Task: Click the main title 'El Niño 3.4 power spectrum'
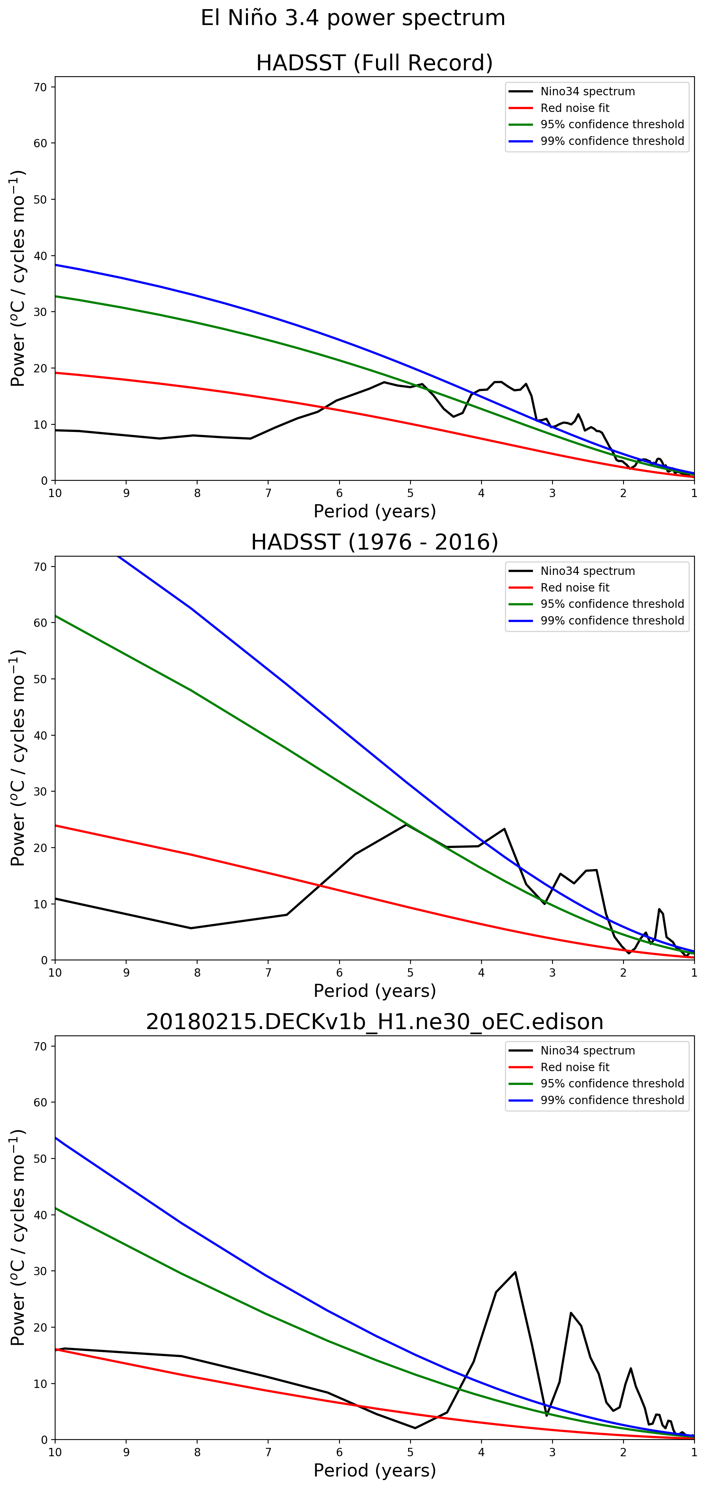353,18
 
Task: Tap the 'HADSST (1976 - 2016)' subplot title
374,542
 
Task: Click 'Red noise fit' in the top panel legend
574,108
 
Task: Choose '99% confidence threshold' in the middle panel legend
612,621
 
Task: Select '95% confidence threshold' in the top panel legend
612,124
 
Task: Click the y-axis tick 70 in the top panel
40,87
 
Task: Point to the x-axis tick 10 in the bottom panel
55,1453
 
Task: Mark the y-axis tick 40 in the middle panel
40,735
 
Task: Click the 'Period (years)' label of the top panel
374,511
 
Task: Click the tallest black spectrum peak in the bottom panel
515,1272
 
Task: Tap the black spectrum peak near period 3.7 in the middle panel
505,829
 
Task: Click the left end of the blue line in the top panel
56,264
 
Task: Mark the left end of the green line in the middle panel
56,616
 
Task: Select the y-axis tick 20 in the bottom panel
40,1328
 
